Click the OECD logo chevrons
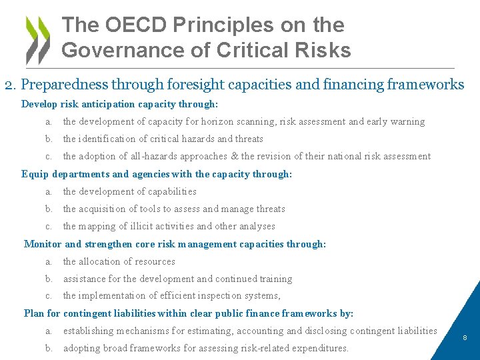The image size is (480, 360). [37, 39]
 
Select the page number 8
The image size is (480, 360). [465, 338]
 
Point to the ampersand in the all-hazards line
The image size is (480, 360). [234, 157]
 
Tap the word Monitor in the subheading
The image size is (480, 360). [43, 244]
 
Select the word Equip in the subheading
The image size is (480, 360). [35, 174]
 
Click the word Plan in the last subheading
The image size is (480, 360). [34, 313]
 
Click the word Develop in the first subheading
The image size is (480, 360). [39, 105]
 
